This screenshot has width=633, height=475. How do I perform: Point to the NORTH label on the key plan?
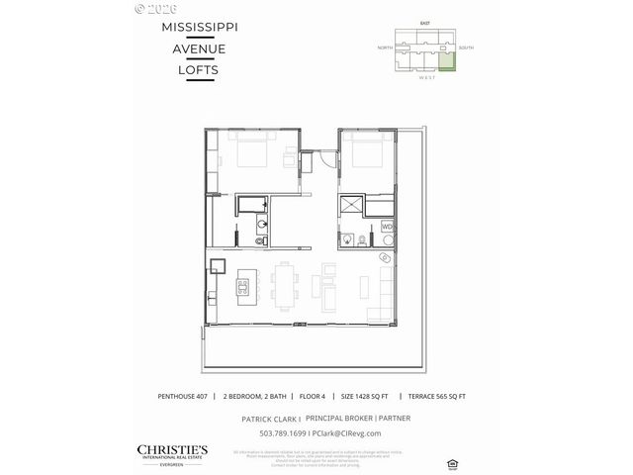pyautogui.click(x=384, y=47)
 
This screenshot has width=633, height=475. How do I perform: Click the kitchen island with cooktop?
pyautogui.click(x=241, y=288)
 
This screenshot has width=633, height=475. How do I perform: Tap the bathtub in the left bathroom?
pyautogui.click(x=252, y=205)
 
